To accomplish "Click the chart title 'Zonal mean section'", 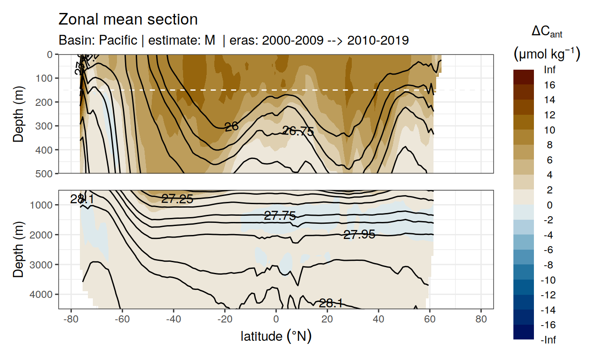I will (x=128, y=20).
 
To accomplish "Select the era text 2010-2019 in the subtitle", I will (x=378, y=40).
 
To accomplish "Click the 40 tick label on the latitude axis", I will (x=379, y=320).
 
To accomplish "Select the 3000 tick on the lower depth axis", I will (x=41, y=264).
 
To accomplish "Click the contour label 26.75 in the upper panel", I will (x=298, y=131).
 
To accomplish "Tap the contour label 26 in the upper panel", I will (x=231, y=127).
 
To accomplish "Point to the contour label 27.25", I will (x=177, y=199).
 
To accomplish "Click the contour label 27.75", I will (x=280, y=216).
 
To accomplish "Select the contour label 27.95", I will (x=359, y=234).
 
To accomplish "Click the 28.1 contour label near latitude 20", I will (x=330, y=304).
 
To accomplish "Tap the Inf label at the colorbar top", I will (x=549, y=70).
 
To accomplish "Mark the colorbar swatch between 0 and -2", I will (x=524, y=213).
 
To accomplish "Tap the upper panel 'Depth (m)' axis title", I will (x=18, y=113).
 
